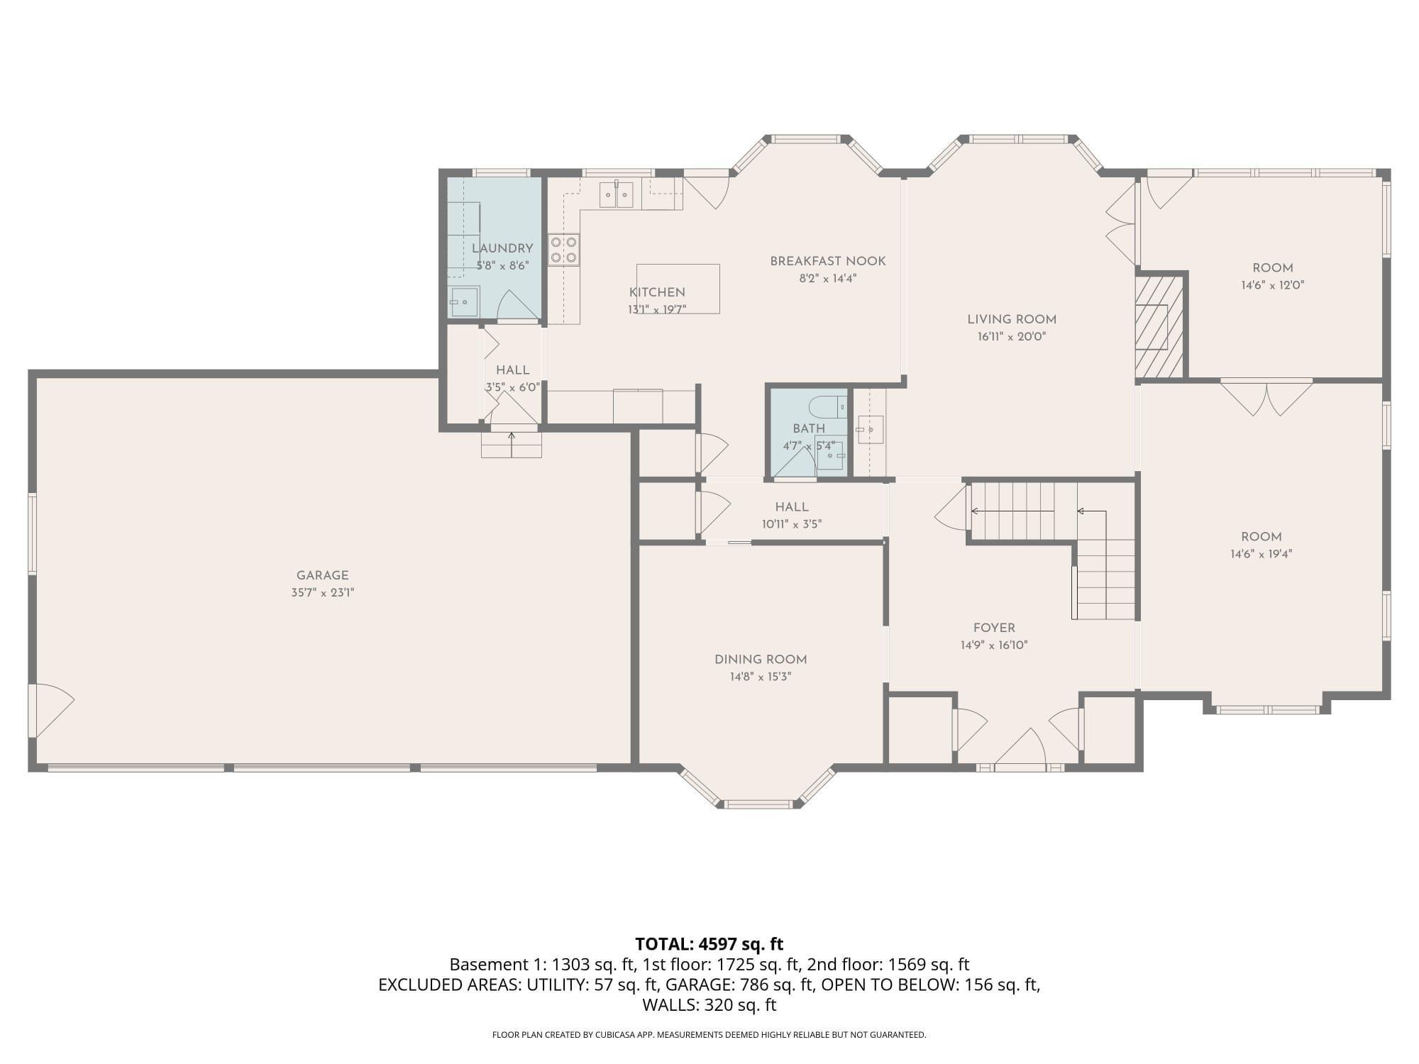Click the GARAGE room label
pos(322,575)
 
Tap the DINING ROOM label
pos(761,660)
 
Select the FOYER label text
pos(994,628)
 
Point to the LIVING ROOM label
pos(1012,319)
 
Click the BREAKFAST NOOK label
pos(828,261)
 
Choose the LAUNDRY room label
pos(502,248)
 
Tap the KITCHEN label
pos(657,292)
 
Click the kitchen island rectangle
pos(678,289)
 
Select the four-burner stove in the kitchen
pos(563,250)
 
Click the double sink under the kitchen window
pos(616,194)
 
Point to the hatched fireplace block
pos(1159,326)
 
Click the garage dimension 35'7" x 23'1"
pos(322,593)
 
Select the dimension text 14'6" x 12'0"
pos(1273,285)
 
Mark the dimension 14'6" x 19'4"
pos(1261,554)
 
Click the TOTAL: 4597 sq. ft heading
pos(709,944)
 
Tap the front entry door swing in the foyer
pos(1020,748)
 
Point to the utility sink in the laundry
pos(465,301)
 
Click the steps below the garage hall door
pos(512,445)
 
